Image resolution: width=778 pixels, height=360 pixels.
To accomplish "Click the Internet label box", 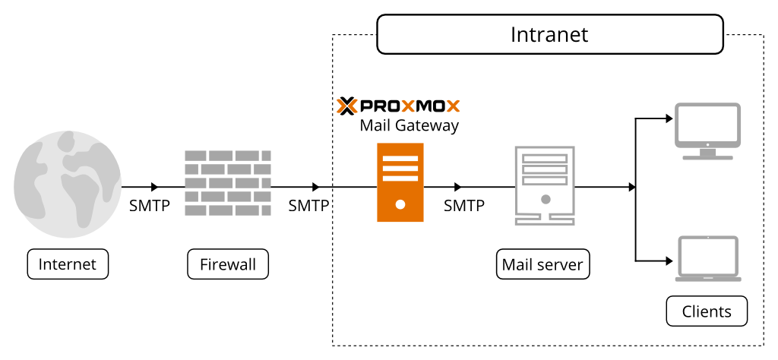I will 68,264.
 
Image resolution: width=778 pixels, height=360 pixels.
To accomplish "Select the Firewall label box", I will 228,264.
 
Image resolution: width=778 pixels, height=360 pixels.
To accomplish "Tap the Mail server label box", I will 542,264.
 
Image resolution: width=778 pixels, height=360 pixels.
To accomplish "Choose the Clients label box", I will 707,311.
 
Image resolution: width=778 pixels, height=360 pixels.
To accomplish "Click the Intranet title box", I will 549,36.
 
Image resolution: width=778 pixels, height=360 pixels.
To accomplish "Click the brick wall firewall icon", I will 228,182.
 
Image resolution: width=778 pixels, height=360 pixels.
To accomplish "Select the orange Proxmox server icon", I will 400,182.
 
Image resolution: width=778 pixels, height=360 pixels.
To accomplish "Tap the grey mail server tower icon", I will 545,185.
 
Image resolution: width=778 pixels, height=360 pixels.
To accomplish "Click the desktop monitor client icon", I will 707,131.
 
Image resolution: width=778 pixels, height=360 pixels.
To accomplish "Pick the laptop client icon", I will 707,259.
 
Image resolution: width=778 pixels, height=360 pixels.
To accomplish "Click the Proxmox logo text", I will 398,106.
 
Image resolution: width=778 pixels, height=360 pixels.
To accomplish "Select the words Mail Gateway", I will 409,125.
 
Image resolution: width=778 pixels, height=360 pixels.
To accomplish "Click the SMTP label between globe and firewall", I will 150,206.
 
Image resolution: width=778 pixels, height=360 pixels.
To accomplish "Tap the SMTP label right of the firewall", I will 308,206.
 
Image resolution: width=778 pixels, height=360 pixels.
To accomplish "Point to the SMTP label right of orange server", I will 463,206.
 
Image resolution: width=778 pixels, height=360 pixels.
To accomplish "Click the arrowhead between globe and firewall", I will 155,187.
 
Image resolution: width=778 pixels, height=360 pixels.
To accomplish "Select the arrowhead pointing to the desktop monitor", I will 669,118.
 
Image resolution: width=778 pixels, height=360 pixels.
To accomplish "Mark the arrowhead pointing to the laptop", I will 669,261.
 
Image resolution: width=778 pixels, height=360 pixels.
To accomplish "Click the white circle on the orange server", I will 400,204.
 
